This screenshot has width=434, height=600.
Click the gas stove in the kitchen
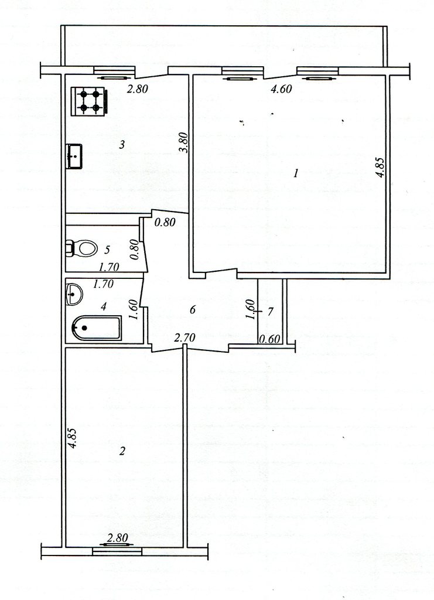coord(88,101)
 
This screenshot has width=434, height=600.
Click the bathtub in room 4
coord(96,328)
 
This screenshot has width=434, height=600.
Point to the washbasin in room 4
coord(74,295)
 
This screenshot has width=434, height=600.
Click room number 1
coord(296,173)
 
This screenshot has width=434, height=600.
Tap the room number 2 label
coord(122,452)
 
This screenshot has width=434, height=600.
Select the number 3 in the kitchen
coord(122,145)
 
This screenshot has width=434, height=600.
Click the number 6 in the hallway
coord(193,309)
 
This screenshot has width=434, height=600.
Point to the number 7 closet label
coord(271,312)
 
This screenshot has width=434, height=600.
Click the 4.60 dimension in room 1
coord(281,89)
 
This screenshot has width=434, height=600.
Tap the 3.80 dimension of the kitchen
coord(183,143)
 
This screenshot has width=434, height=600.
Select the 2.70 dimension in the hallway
coord(184,337)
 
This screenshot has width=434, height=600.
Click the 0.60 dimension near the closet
coord(270,339)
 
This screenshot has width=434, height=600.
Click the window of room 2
coord(117,551)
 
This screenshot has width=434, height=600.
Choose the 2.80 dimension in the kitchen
coord(137,90)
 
